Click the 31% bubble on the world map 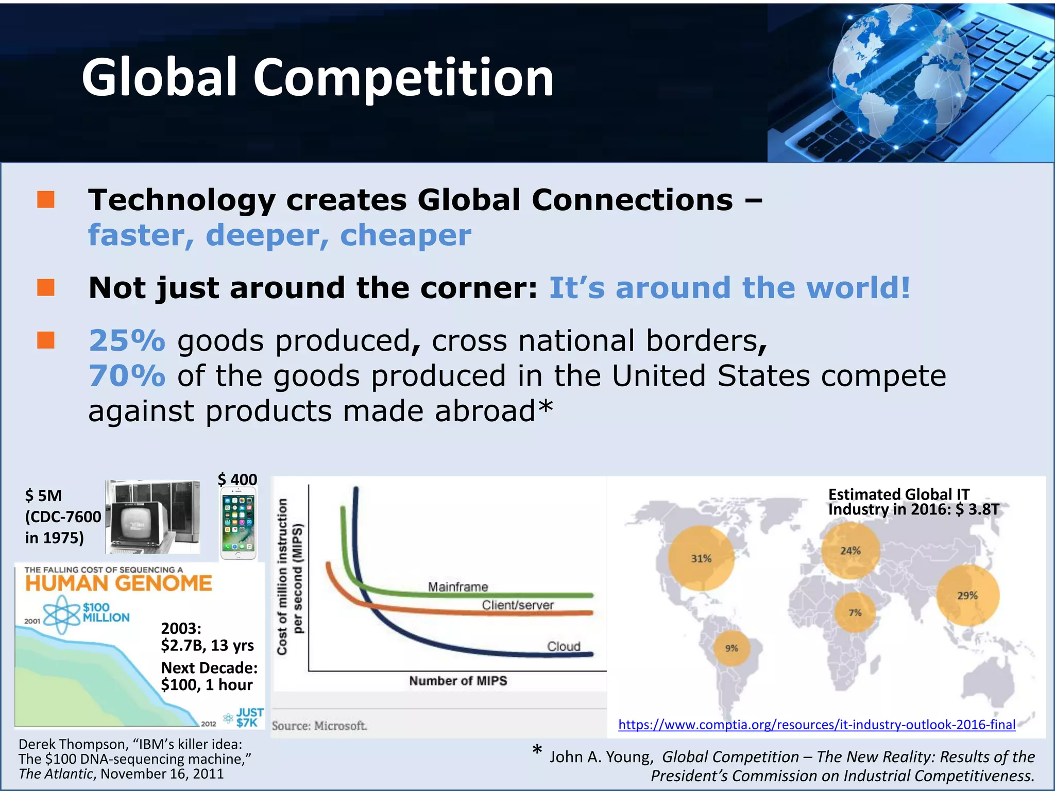[x=701, y=559]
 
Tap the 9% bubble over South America [x=732, y=648]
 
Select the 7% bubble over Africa [x=855, y=613]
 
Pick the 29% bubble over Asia [x=967, y=596]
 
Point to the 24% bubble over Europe [x=850, y=551]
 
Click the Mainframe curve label [x=458, y=587]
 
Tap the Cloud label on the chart [x=564, y=646]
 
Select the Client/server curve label [x=518, y=605]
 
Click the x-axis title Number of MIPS [x=458, y=681]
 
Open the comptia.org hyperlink [x=816, y=725]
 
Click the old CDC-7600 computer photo [x=152, y=517]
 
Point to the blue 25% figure [x=127, y=341]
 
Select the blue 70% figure [x=127, y=376]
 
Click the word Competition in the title [x=403, y=77]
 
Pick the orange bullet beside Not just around [x=46, y=287]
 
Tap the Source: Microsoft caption [x=319, y=726]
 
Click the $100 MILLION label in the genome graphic [x=106, y=612]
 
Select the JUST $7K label [x=249, y=717]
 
